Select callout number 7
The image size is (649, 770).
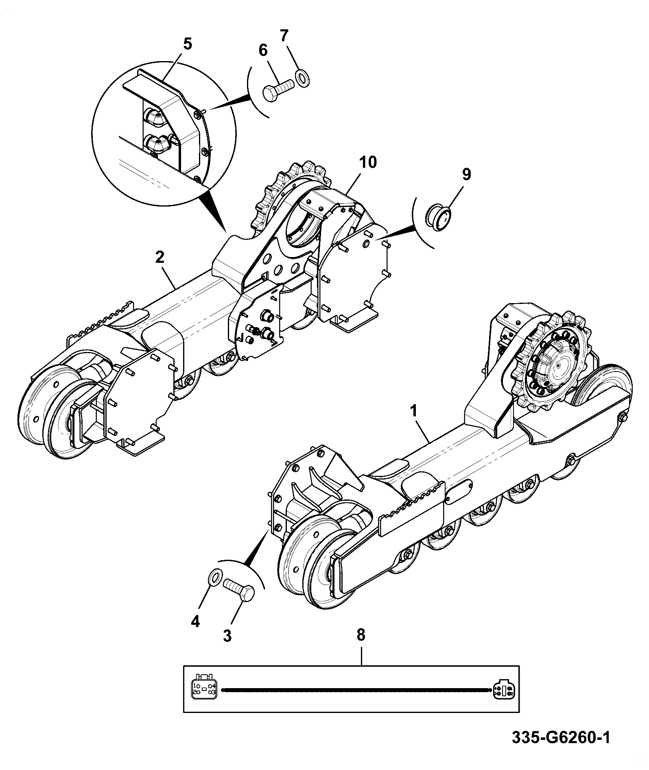coord(284,36)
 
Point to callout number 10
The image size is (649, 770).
coord(368,162)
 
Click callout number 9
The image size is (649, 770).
coord(466,174)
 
